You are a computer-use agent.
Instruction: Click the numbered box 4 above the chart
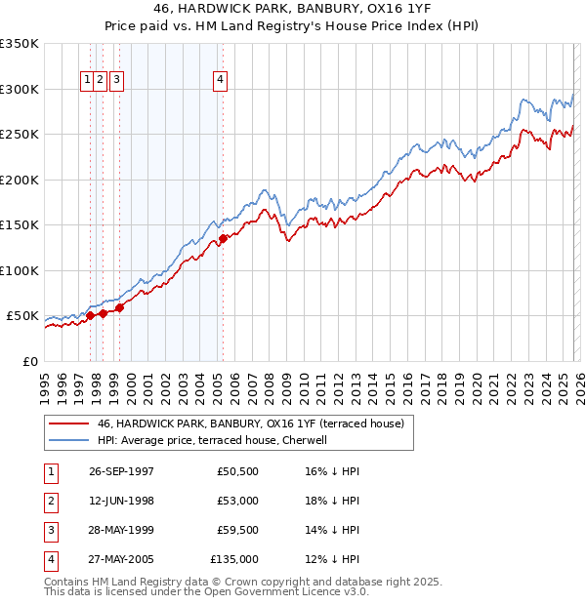point(221,80)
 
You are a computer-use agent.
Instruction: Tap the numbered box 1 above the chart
point(88,80)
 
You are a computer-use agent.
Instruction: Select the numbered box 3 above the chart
point(116,80)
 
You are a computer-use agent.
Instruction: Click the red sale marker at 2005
point(223,238)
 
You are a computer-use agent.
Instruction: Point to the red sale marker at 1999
point(120,307)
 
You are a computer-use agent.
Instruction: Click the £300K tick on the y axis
point(20,89)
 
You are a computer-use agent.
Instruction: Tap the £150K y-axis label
point(20,224)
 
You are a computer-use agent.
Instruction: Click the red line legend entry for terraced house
point(257,423)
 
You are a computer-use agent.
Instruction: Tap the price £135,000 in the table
point(234,559)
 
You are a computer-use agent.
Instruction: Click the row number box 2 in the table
point(49,501)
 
